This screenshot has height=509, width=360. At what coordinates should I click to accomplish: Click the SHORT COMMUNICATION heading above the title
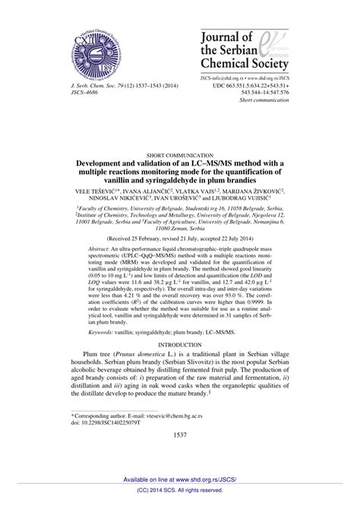pyautogui.click(x=180, y=153)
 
